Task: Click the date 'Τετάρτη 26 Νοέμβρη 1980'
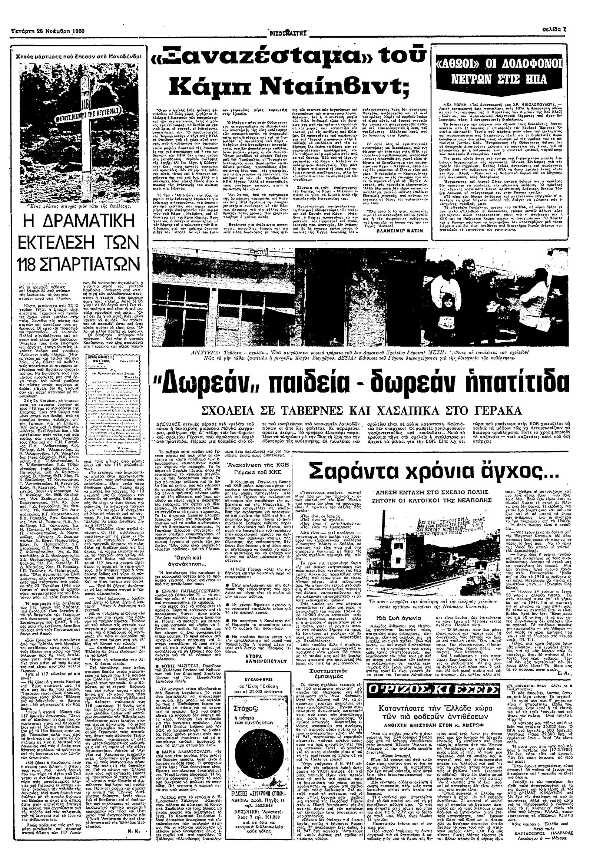(x=44, y=31)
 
